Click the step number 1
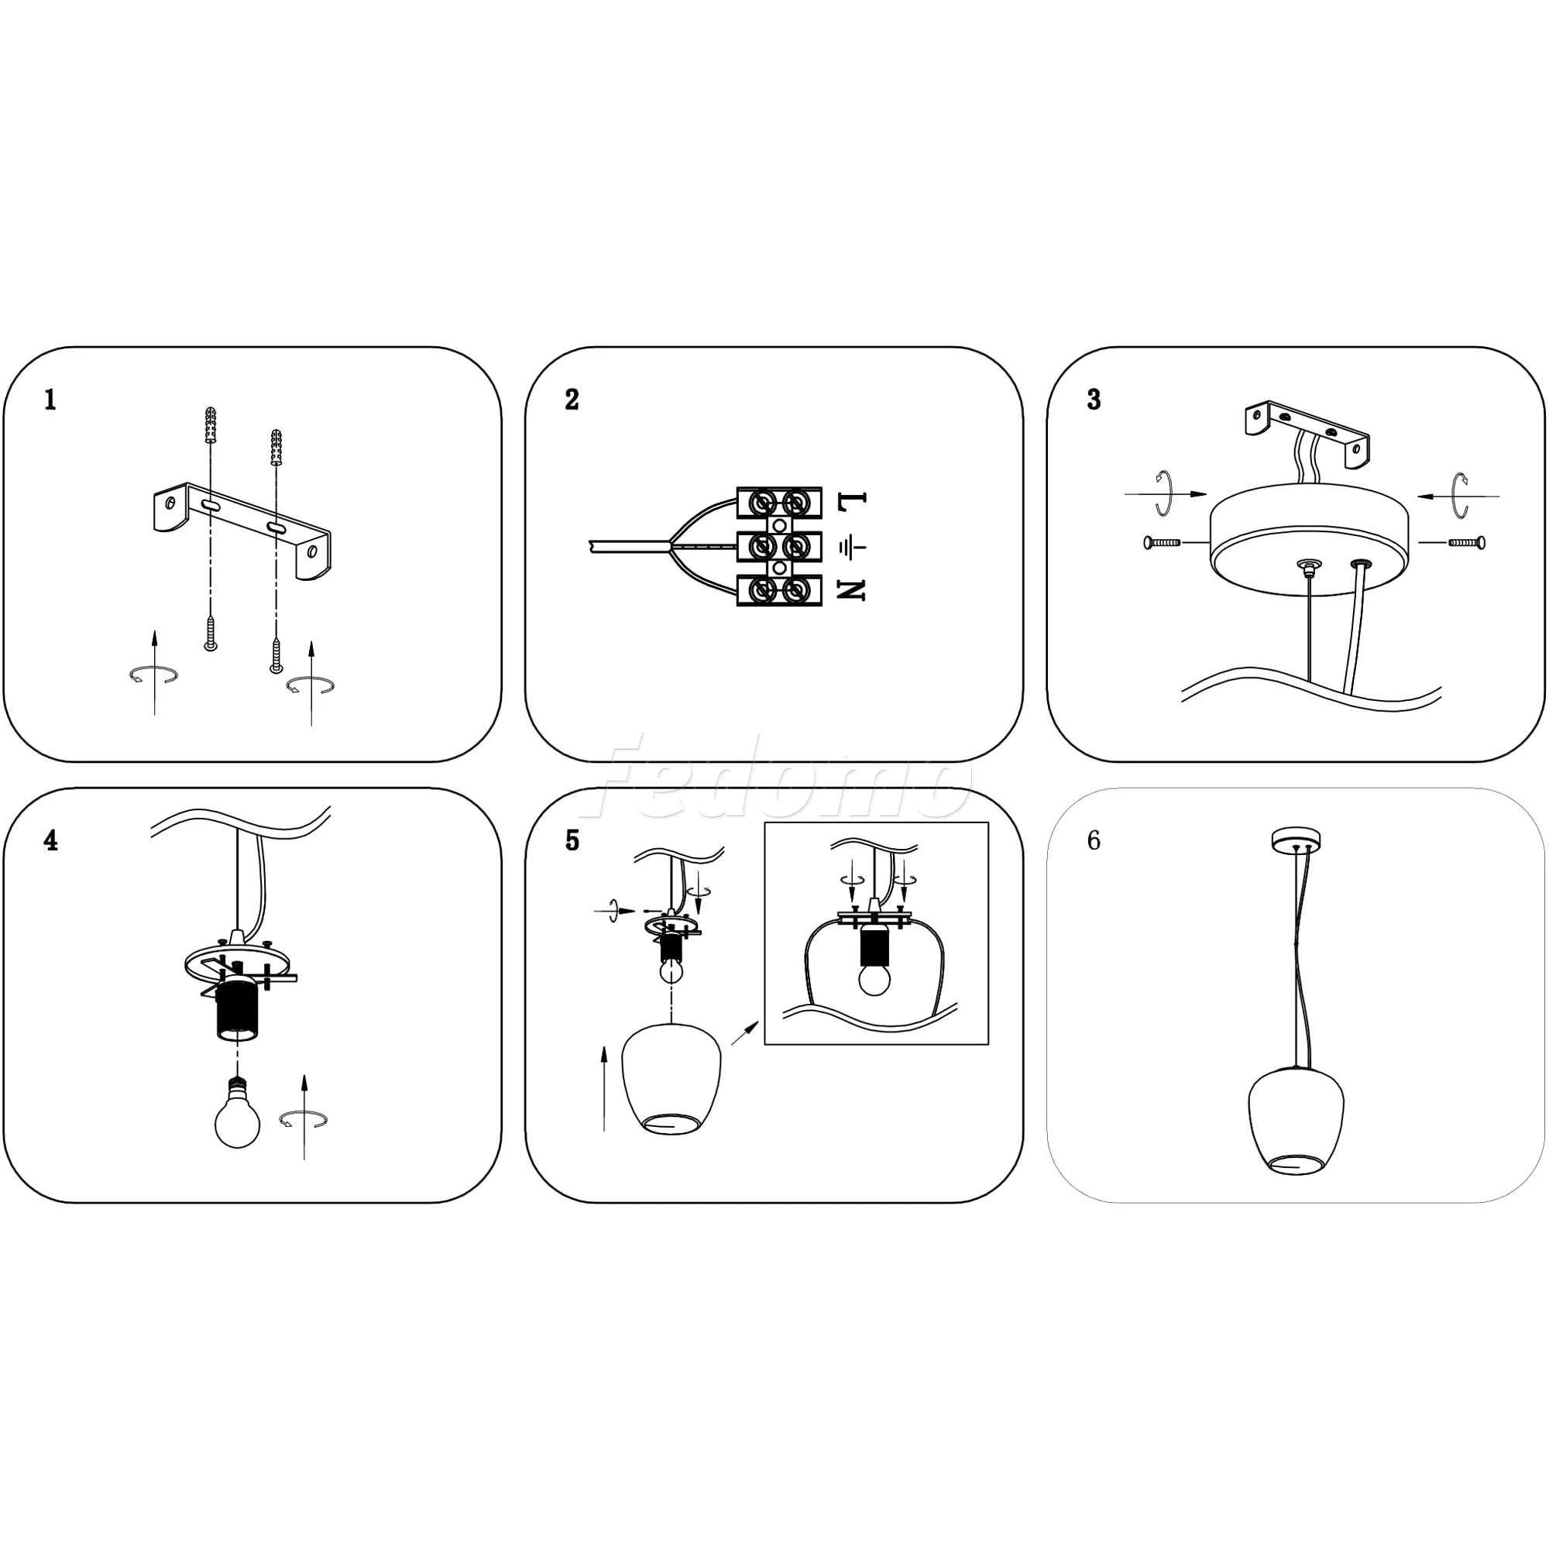[50, 400]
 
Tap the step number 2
[572, 400]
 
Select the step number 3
[1094, 400]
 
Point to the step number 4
[50, 840]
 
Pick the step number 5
[572, 840]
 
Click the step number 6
[1094, 840]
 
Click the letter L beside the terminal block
[851, 501]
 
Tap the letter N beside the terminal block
[851, 590]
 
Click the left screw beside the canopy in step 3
[1163, 543]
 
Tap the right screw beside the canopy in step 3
[1466, 543]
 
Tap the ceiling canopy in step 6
[1297, 840]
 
